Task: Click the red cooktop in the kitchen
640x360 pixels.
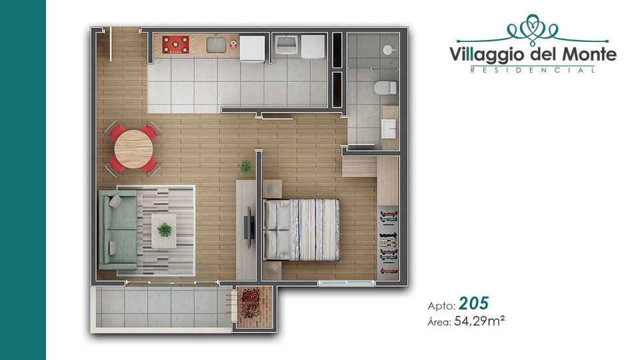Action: (x=175, y=45)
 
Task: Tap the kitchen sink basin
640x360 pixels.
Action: (x=216, y=45)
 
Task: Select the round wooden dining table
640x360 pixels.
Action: (x=134, y=149)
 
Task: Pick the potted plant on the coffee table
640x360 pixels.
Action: (x=165, y=230)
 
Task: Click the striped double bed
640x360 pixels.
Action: (x=301, y=229)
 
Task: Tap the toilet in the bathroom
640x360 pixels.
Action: (x=385, y=87)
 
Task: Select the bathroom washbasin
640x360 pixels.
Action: (x=389, y=129)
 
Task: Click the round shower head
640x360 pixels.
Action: (x=387, y=50)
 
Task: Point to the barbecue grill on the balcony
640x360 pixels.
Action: (x=251, y=303)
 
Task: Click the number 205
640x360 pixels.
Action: (x=473, y=303)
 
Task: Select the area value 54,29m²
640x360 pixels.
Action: (x=479, y=321)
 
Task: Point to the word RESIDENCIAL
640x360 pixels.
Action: (x=533, y=70)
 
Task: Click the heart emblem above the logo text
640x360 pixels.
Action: (x=531, y=27)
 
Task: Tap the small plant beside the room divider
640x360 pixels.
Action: (x=245, y=167)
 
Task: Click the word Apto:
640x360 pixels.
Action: (x=441, y=305)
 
